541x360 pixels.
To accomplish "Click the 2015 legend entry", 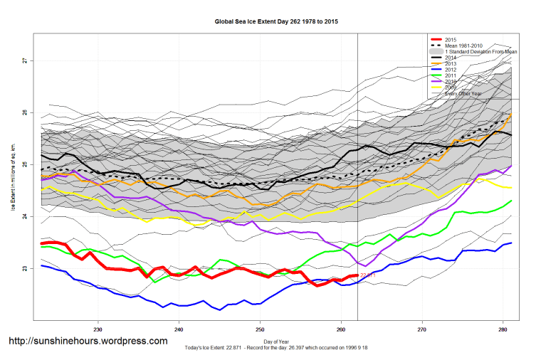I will pyautogui.click(x=449, y=40).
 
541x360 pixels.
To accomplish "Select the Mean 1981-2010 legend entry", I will pyautogui.click(x=467, y=46).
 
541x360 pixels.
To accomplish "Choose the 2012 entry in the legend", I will pyautogui.click(x=449, y=70).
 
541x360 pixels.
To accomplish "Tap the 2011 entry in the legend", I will pyautogui.click(x=449, y=75).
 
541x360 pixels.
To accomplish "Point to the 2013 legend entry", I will pyautogui.click(x=449, y=64).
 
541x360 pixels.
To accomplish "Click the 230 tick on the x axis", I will pyautogui.click(x=98, y=329).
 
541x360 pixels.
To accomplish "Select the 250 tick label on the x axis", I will pyautogui.click(x=260, y=329).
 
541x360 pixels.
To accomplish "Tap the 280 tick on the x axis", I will pyautogui.click(x=503, y=329).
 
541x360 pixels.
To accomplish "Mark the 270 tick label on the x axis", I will pyautogui.click(x=422, y=329).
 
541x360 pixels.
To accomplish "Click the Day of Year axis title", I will pyautogui.click(x=276, y=342).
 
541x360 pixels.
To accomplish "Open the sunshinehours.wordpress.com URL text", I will pyautogui.click(x=88, y=342).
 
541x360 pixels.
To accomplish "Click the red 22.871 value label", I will pyautogui.click(x=368, y=275).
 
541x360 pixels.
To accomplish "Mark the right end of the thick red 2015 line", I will pyautogui.click(x=357, y=275).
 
